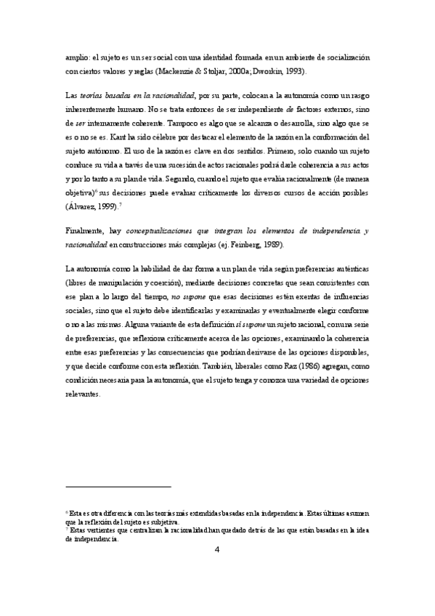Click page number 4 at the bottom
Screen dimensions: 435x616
point(217,549)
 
